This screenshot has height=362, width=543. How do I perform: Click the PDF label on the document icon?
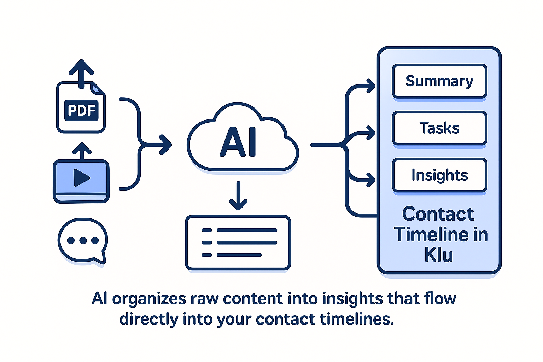(81, 110)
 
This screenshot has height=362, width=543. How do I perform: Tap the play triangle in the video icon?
(81, 177)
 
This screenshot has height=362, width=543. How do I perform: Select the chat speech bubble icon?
(83, 241)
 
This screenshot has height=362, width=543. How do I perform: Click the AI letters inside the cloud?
(238, 142)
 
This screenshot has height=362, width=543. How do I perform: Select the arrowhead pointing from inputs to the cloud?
(166, 145)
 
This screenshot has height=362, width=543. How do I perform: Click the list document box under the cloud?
(238, 243)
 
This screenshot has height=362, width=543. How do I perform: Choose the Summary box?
(439, 81)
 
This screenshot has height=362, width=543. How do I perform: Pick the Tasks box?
(439, 128)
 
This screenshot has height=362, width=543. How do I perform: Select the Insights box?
(439, 175)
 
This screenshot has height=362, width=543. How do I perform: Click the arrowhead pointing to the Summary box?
(371, 86)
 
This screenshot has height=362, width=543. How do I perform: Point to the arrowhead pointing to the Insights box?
(371, 180)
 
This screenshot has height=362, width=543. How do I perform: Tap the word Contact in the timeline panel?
(438, 214)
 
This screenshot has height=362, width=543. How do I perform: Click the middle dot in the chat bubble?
(83, 240)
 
